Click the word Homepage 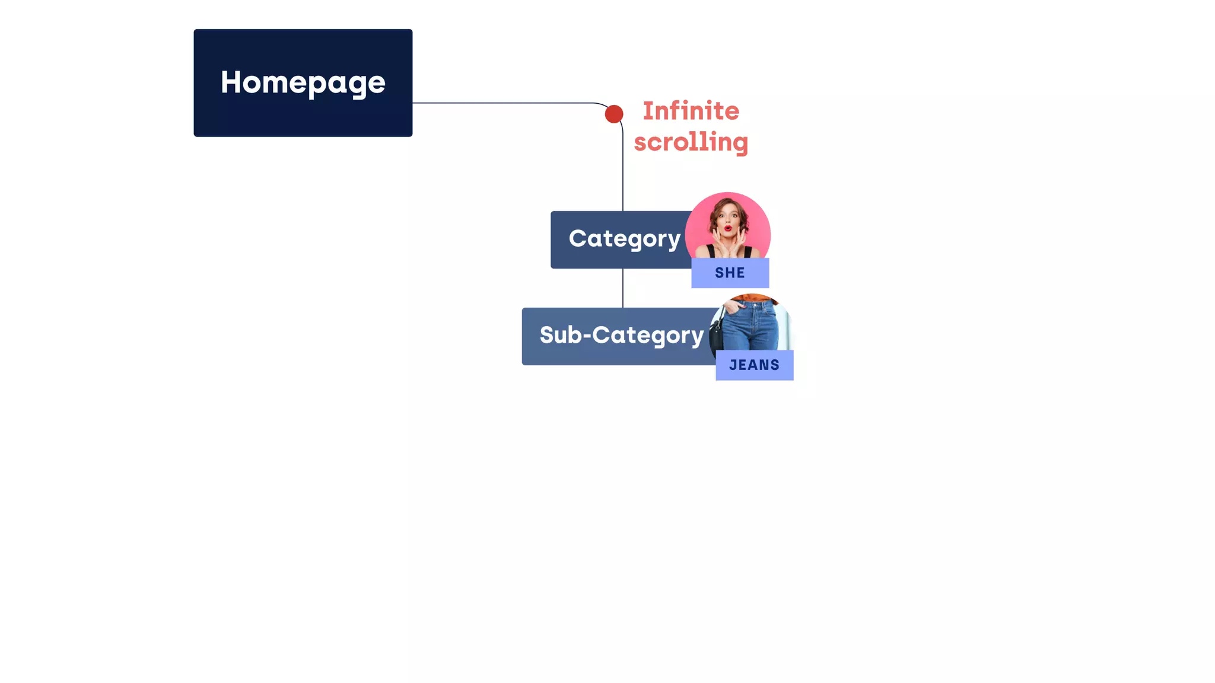click(x=303, y=82)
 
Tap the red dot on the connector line click(x=614, y=114)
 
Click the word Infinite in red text click(x=691, y=111)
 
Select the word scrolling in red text click(x=691, y=142)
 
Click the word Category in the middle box click(x=624, y=239)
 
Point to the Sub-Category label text click(x=621, y=336)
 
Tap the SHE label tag click(x=730, y=273)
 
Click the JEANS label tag click(x=754, y=365)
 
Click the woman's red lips click(x=728, y=228)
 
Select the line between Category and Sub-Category click(x=623, y=288)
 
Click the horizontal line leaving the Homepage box click(x=504, y=103)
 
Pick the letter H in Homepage click(x=230, y=82)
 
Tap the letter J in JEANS click(x=733, y=365)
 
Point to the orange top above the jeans click(x=752, y=298)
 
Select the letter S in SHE click(x=719, y=273)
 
